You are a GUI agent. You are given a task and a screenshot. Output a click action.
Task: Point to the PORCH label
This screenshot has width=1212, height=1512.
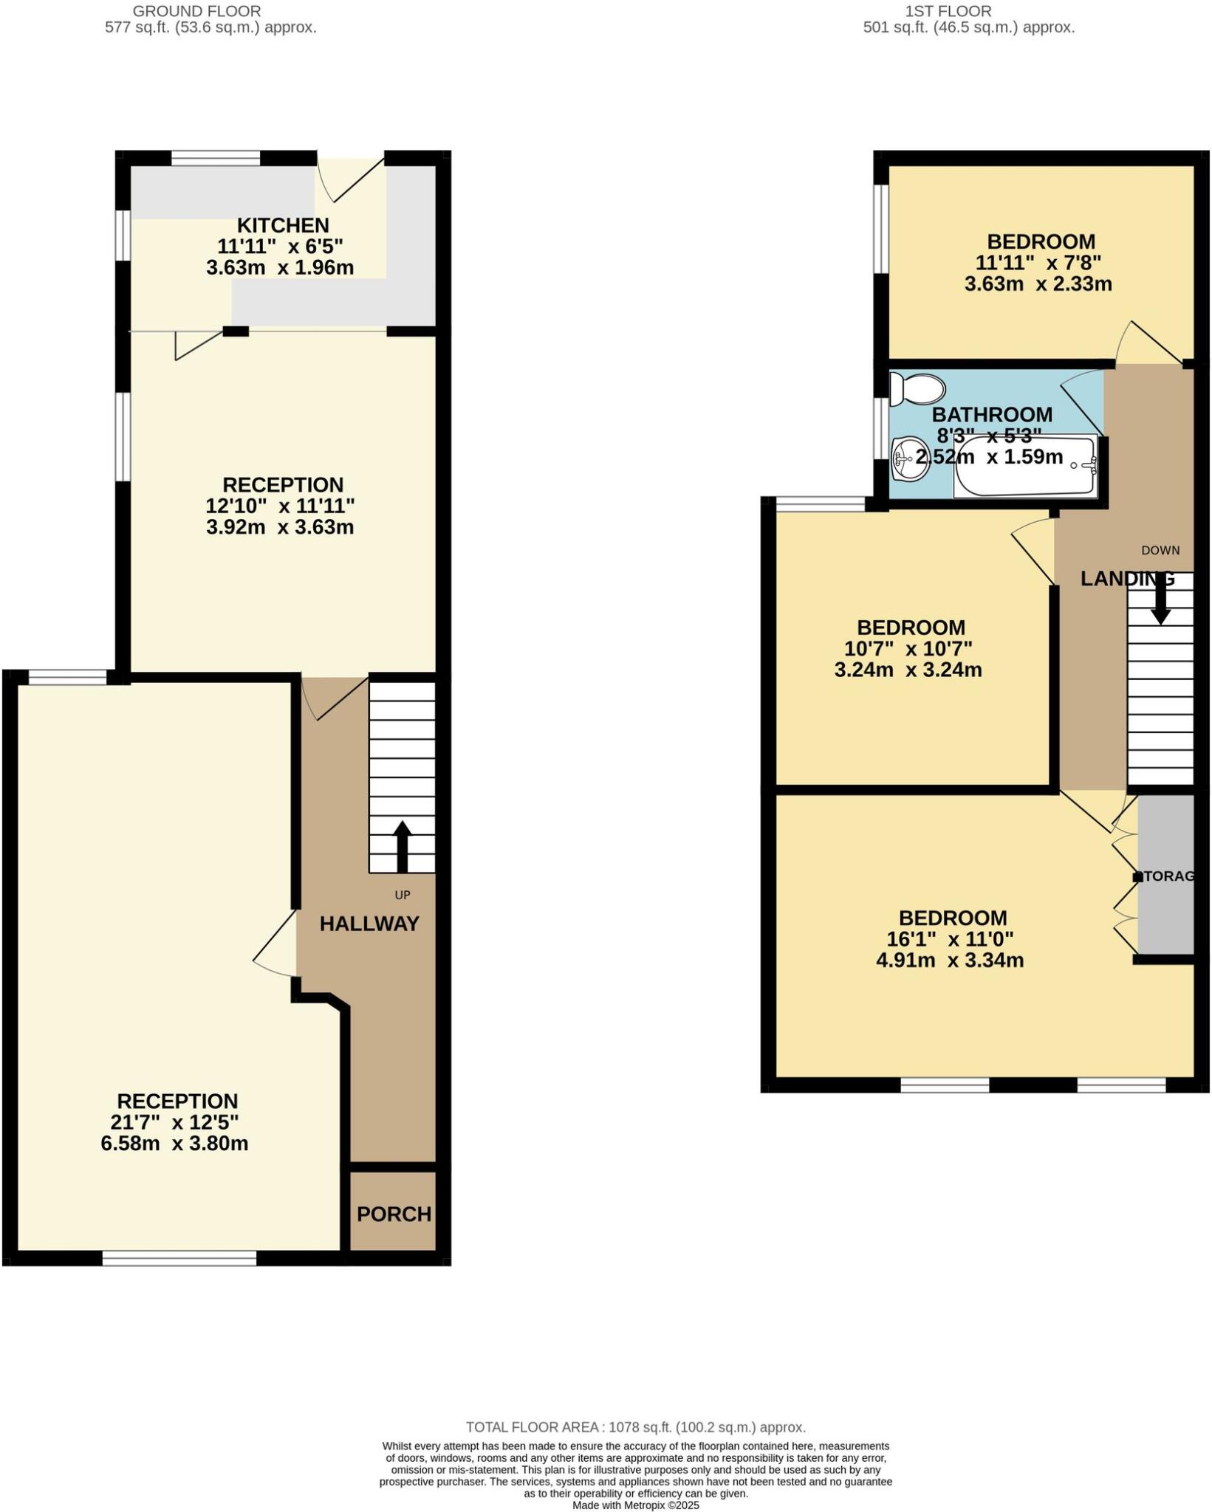(x=394, y=1214)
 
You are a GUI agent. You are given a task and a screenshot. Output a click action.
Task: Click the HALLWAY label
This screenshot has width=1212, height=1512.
(x=369, y=923)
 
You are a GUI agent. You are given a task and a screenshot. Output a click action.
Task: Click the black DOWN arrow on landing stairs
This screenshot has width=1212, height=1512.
(x=1160, y=598)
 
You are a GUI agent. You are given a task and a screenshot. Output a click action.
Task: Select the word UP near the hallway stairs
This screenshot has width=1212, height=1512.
(x=402, y=895)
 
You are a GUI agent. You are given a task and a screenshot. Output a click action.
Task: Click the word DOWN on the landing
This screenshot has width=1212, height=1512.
(x=1160, y=550)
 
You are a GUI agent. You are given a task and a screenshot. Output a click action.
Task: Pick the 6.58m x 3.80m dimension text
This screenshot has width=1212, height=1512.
(x=174, y=1144)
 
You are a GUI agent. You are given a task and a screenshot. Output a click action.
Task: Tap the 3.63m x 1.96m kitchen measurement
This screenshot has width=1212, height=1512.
(x=280, y=267)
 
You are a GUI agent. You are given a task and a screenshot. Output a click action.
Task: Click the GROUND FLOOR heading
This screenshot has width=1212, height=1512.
(x=196, y=11)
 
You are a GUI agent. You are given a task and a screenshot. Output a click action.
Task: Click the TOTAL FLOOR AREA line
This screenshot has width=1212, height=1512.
(x=635, y=1427)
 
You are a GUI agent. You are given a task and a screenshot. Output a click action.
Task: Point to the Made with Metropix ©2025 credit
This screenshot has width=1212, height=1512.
(x=636, y=1505)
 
